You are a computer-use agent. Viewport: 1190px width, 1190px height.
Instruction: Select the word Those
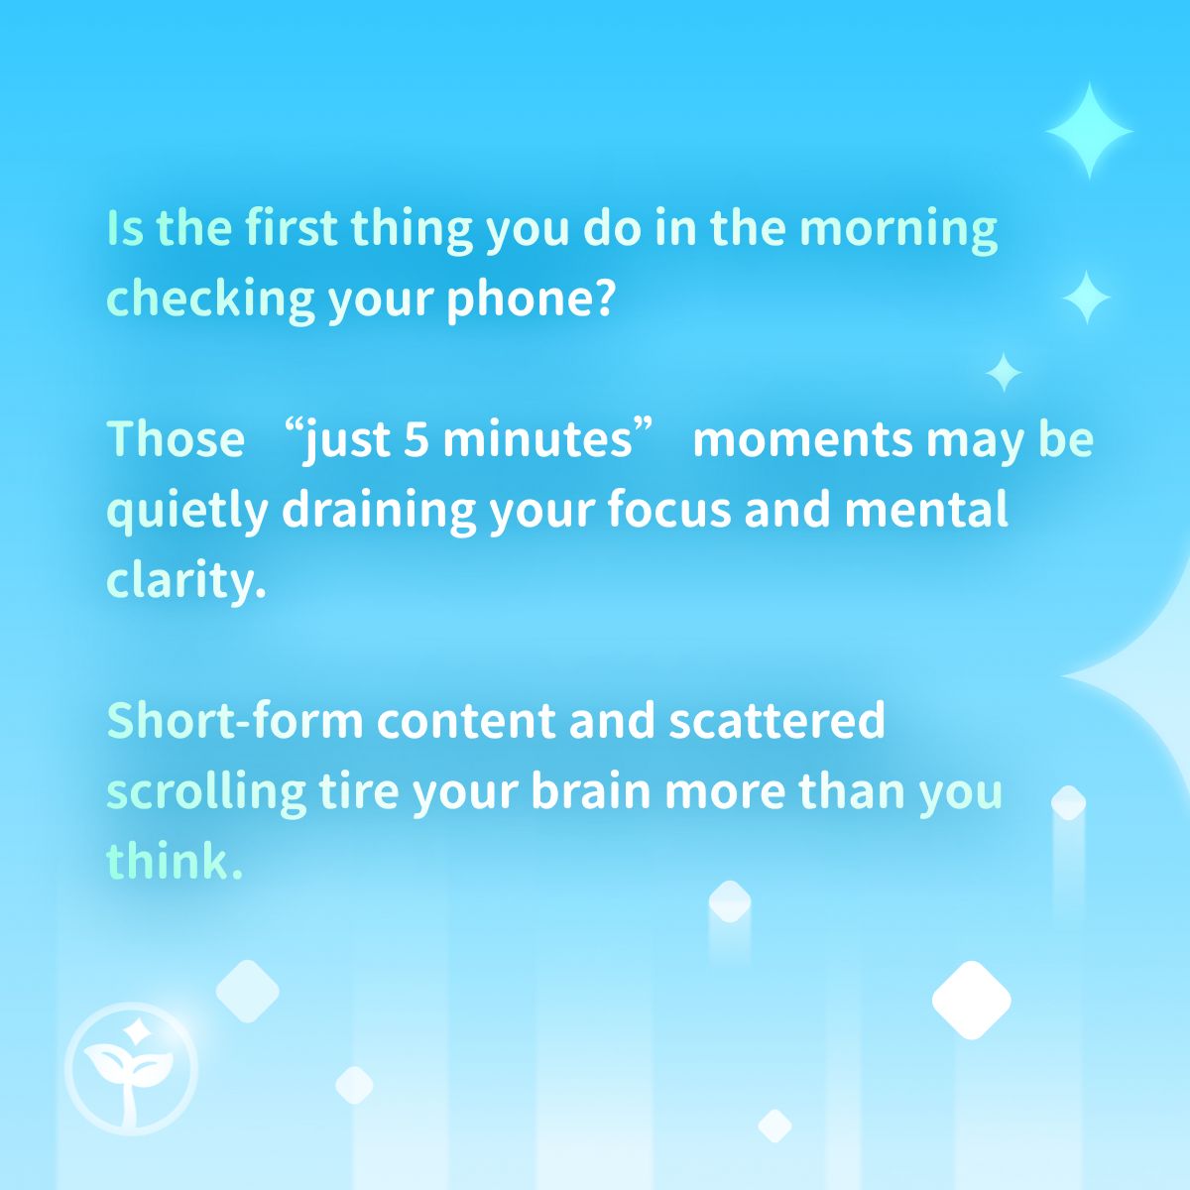click(176, 439)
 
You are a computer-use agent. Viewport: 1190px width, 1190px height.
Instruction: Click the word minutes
click(536, 439)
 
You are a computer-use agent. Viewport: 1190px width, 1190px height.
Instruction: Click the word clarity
click(186, 581)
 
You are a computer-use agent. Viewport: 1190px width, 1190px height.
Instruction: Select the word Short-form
click(235, 721)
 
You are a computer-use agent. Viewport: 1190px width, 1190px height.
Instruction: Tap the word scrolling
click(205, 792)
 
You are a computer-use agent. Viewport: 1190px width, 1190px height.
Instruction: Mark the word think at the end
click(169, 862)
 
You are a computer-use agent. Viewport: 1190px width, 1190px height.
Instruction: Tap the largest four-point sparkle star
click(1089, 131)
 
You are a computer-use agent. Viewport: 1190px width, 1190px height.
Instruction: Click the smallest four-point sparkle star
click(1004, 372)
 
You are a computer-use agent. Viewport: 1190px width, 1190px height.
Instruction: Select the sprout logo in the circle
click(131, 1070)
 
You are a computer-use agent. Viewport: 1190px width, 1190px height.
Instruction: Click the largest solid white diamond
click(971, 1000)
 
